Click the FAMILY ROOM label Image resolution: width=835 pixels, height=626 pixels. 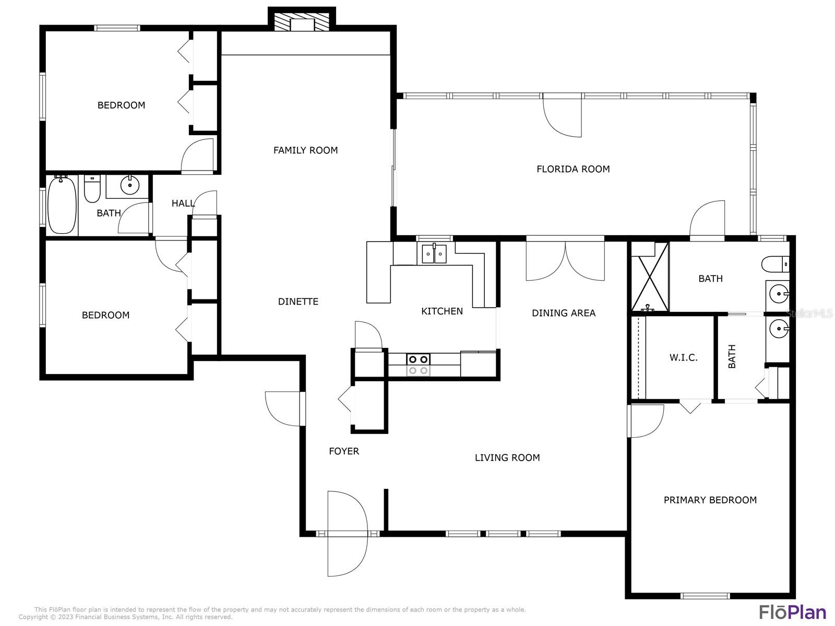point(305,150)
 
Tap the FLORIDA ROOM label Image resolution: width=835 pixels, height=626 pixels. point(573,168)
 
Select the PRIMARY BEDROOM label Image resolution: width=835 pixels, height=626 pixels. point(710,500)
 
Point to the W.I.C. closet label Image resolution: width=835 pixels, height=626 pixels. point(683,357)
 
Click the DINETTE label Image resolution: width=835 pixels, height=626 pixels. point(298,302)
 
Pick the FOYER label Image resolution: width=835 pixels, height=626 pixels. point(344,451)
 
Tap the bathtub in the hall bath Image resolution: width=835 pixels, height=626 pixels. point(62,205)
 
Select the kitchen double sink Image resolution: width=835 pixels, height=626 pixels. point(434,254)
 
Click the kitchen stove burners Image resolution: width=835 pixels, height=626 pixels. point(419,365)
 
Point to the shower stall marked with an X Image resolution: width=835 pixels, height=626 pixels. point(650,277)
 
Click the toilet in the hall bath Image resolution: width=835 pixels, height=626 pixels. point(92,188)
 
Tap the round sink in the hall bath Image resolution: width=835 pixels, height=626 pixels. point(130,185)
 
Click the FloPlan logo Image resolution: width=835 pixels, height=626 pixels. point(792,612)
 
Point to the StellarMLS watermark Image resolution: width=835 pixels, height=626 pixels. point(809,314)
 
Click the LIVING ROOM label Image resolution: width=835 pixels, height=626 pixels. point(507,458)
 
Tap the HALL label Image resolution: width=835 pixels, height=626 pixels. point(183,203)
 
